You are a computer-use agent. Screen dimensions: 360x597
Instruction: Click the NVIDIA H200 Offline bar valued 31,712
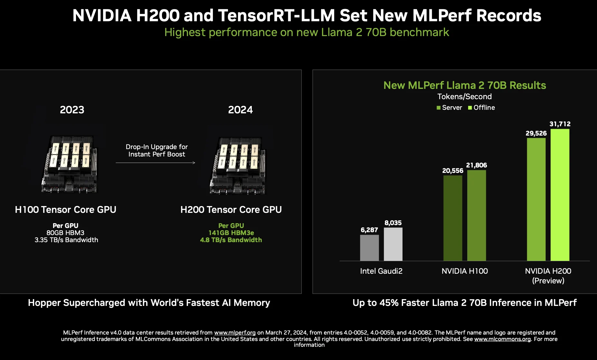(x=560, y=195)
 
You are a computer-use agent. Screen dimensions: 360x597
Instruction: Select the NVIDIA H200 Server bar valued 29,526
(x=536, y=199)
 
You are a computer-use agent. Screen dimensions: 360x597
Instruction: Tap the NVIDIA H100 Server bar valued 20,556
(x=452, y=218)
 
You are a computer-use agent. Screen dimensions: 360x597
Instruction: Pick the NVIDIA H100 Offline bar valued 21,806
(x=476, y=215)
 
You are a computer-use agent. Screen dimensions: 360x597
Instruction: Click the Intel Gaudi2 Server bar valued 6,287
(x=369, y=248)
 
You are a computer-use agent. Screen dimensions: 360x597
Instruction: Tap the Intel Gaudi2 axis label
(x=381, y=271)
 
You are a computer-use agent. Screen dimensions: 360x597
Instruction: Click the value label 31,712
(x=560, y=124)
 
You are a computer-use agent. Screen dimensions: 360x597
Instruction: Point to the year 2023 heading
(x=72, y=110)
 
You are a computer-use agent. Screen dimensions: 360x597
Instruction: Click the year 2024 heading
(x=241, y=110)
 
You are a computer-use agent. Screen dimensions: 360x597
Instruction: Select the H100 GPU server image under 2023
(x=70, y=164)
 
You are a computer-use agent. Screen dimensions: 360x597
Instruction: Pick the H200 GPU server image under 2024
(x=238, y=166)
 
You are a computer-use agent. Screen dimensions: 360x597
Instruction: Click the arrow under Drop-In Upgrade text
(x=156, y=163)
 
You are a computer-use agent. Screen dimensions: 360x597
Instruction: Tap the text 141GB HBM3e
(x=231, y=233)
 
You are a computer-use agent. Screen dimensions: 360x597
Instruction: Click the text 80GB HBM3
(x=65, y=233)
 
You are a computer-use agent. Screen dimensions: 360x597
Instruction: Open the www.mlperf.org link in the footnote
(x=235, y=333)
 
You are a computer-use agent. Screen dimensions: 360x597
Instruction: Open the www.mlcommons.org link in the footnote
(x=502, y=339)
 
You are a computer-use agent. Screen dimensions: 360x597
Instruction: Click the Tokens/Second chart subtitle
(x=464, y=97)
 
